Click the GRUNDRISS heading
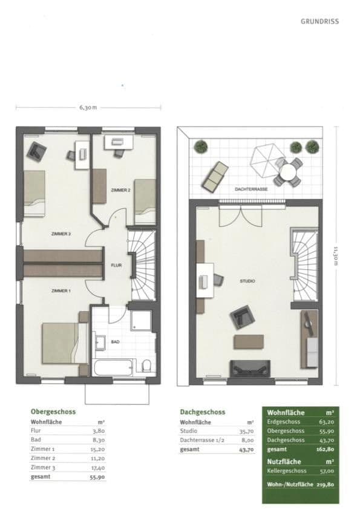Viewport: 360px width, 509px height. (319, 21)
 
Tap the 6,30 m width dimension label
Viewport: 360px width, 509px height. (88, 108)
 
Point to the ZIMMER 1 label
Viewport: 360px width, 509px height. (61, 291)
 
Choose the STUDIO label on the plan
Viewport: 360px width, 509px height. (247, 281)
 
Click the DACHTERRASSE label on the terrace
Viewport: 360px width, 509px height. (252, 189)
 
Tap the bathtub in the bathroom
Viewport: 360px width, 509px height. (112, 367)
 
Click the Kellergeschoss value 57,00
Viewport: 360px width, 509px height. (326, 470)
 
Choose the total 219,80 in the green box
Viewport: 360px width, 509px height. (326, 485)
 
